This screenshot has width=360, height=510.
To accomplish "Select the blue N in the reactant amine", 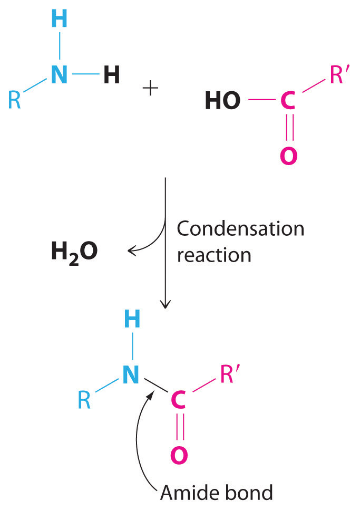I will coord(60,75).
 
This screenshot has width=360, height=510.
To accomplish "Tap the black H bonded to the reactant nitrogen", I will coord(111,75).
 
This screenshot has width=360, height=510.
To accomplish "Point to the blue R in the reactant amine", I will coord(15,99).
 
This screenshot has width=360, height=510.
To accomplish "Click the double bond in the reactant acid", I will coord(288,128).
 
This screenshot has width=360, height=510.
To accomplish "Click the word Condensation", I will coord(240,229).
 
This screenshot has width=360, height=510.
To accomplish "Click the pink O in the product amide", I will coord(179,455).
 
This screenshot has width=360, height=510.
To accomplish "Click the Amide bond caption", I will coord(217,493).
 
